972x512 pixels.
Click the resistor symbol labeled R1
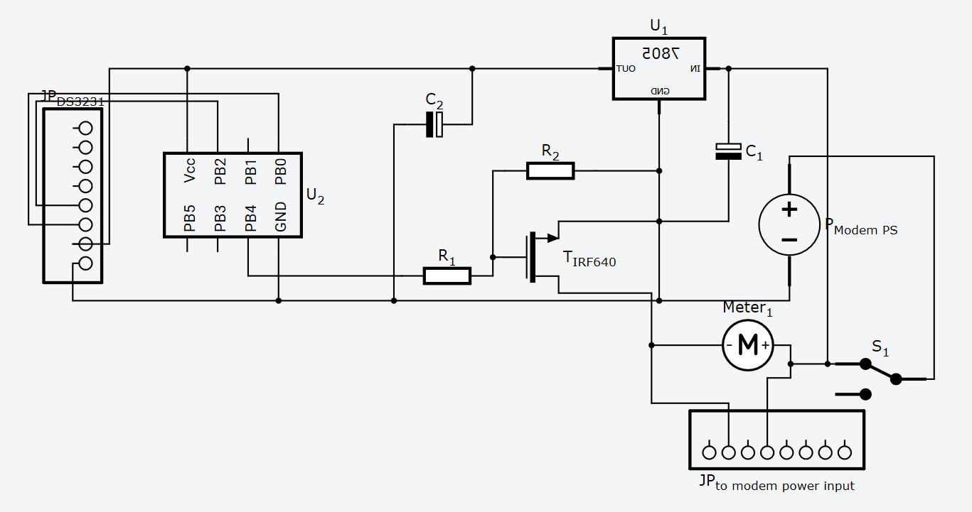(447, 276)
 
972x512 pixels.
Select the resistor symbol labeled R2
(550, 170)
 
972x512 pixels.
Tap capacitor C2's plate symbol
(434, 124)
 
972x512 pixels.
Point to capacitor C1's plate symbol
(728, 151)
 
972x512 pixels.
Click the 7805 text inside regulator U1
(661, 53)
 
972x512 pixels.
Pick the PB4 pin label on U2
(250, 218)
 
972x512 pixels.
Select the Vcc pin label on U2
(189, 171)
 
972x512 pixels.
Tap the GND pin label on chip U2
(281, 217)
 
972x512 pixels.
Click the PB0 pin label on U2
(281, 171)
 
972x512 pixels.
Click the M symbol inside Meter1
(748, 345)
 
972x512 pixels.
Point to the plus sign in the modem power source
(789, 209)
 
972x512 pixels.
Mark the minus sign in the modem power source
(789, 240)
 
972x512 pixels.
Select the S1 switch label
(880, 349)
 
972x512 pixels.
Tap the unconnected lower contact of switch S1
(865, 393)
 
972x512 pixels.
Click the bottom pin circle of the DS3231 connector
(86, 263)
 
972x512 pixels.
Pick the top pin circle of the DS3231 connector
(86, 128)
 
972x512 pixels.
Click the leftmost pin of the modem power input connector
(709, 452)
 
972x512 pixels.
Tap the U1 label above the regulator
(658, 27)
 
